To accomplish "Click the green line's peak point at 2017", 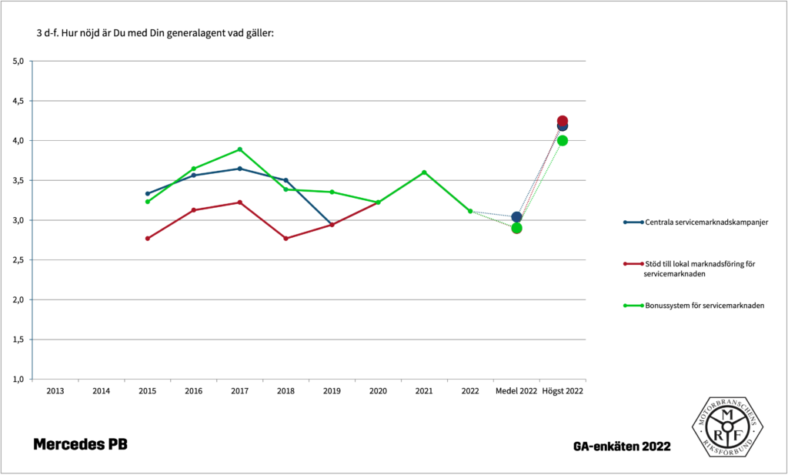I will (239, 149).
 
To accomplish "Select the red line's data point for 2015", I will (147, 239).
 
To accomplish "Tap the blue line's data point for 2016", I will (193, 176).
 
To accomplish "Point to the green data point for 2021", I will (424, 172).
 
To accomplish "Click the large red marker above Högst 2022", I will (563, 121).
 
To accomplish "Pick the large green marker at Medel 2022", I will (516, 228).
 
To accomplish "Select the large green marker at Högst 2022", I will (563, 140).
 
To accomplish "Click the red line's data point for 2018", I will (285, 239).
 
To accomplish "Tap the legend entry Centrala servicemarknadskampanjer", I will (697, 222).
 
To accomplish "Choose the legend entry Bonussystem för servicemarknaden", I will (696, 306).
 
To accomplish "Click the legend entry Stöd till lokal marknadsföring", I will (696, 264).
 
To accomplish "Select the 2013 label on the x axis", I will (55, 391).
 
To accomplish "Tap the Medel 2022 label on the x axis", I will (516, 391).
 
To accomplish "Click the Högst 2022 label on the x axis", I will (563, 391).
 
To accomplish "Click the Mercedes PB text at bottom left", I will (80, 445).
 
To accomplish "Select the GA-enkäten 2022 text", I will (621, 447).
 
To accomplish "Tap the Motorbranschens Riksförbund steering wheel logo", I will (726, 427).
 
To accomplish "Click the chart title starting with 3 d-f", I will (155, 33).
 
